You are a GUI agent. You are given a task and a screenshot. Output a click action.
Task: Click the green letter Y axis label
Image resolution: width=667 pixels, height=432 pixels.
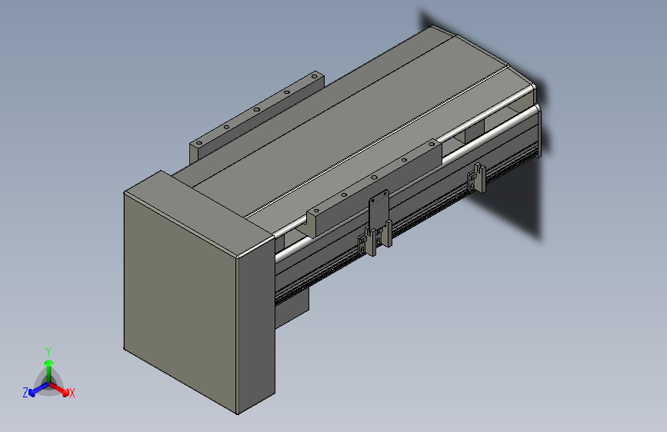48,352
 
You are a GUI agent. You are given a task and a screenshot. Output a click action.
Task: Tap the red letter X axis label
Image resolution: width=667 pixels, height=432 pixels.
72,393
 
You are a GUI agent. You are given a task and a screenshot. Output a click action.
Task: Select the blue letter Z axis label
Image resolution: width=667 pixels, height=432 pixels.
25,393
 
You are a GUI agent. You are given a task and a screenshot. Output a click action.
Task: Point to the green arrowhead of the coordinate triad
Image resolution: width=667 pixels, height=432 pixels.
49,363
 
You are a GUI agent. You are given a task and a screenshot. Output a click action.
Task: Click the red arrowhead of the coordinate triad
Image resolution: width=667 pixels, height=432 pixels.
65,393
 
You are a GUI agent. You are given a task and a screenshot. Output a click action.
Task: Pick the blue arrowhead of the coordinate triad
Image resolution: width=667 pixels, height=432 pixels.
32,393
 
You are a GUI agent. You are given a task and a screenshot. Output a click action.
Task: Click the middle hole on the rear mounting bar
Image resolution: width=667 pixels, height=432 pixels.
256,109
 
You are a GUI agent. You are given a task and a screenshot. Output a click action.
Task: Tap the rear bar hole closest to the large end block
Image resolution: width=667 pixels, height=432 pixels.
198,143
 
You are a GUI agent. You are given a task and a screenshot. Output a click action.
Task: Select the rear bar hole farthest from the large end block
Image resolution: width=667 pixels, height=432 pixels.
315,77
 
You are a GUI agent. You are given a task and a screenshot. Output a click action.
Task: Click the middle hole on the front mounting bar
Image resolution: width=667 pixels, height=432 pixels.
374,177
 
